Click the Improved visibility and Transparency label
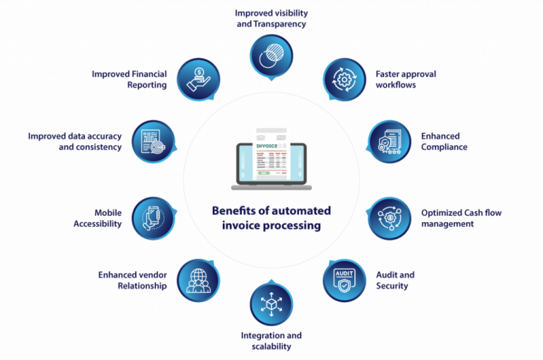[271, 18]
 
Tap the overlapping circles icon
[271, 56]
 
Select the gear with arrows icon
[344, 80]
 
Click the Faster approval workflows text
[406, 79]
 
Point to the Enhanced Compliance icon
[390, 141]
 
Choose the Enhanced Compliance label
[444, 141]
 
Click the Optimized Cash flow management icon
[390, 219]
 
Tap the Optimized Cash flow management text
[461, 218]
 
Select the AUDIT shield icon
[344, 280]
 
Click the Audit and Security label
[395, 280]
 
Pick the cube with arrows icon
[271, 304]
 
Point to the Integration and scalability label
[271, 341]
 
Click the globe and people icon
[199, 281]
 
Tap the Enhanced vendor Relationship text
[132, 280]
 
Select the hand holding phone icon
[153, 219]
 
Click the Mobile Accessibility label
[98, 218]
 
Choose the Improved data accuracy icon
[153, 141]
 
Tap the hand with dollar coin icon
[199, 80]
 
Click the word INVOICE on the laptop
[267, 146]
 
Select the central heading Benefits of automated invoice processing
[271, 218]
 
